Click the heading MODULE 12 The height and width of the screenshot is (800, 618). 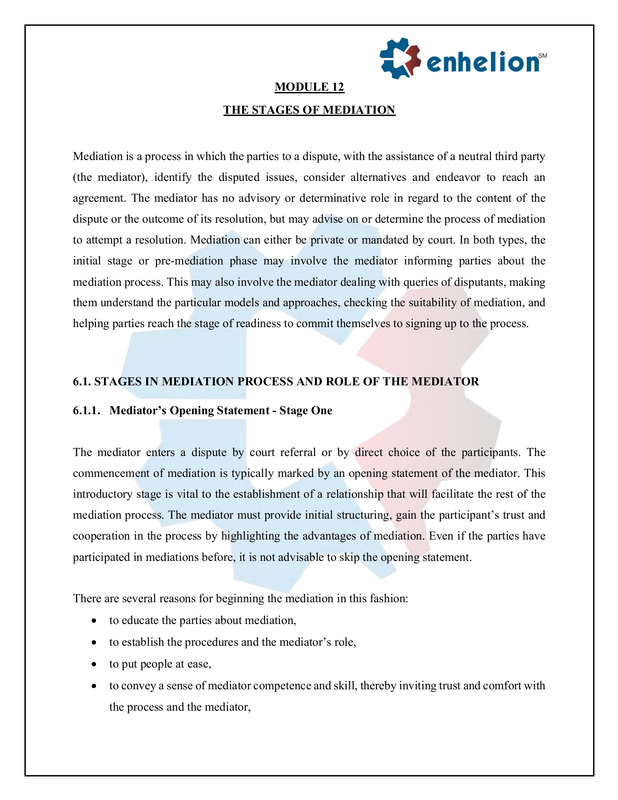coord(309,87)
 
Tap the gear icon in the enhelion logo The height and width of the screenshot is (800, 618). coord(400,58)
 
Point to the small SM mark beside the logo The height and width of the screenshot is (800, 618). coord(542,56)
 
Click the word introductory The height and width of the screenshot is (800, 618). coord(103,494)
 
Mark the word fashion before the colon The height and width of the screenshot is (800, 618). coord(387,599)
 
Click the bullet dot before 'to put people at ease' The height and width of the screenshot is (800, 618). coord(94,664)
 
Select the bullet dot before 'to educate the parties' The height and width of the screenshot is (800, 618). coord(94,621)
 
